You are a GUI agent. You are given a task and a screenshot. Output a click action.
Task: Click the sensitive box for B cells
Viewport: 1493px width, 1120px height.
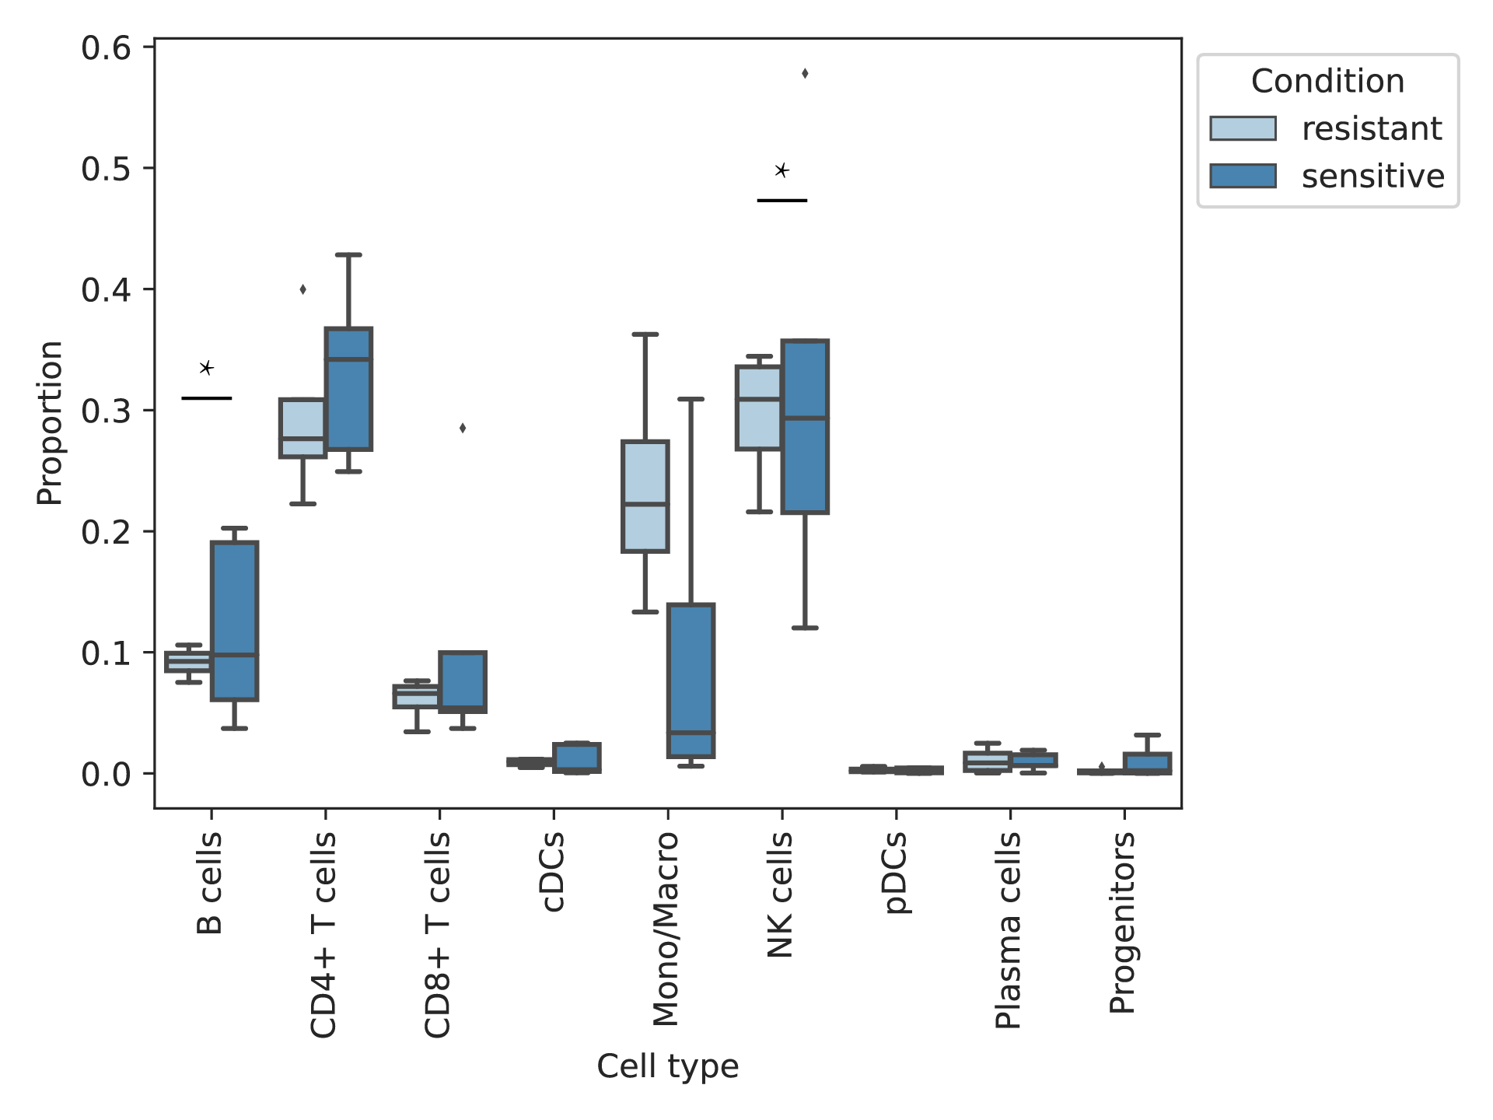pyautogui.click(x=234, y=621)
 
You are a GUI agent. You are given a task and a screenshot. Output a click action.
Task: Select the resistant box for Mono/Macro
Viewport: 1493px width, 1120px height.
pyautogui.click(x=645, y=496)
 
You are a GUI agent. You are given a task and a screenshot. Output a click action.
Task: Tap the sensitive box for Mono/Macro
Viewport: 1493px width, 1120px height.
pyautogui.click(x=691, y=681)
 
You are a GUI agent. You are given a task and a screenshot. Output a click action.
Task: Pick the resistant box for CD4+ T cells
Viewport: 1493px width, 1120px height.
pyautogui.click(x=302, y=428)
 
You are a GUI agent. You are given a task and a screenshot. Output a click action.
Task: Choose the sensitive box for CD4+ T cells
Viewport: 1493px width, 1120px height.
pyautogui.click(x=348, y=389)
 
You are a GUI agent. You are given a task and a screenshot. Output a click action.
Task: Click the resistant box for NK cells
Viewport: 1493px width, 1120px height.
pyautogui.click(x=759, y=408)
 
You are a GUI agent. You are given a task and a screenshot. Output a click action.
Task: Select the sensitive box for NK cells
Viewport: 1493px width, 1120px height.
pyautogui.click(x=805, y=426)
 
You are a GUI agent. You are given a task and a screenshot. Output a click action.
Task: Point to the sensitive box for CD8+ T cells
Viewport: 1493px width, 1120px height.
pyautogui.click(x=463, y=682)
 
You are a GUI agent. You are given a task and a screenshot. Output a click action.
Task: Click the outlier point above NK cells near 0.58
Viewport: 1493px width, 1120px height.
pyautogui.click(x=805, y=74)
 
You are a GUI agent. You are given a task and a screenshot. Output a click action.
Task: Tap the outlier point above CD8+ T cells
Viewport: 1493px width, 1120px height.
pyautogui.click(x=463, y=428)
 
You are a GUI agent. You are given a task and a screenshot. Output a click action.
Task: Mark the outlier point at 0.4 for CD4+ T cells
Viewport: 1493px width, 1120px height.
pyautogui.click(x=302, y=289)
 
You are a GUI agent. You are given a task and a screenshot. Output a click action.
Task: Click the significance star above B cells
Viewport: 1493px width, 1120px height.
pyautogui.click(x=206, y=368)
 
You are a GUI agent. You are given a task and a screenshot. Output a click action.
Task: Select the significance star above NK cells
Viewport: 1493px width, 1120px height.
pyautogui.click(x=782, y=170)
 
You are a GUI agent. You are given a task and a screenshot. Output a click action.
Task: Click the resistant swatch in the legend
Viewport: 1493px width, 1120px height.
pyautogui.click(x=1243, y=128)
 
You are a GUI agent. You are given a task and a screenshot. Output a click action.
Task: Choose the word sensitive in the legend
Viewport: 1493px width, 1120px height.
pyautogui.click(x=1372, y=177)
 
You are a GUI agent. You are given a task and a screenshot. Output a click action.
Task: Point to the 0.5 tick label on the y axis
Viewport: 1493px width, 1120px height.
pyautogui.click(x=107, y=169)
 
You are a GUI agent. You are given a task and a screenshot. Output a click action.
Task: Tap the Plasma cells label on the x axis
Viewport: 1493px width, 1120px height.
pyautogui.click(x=1009, y=930)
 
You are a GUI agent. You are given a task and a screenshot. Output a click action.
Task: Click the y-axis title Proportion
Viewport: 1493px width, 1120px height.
pyautogui.click(x=50, y=423)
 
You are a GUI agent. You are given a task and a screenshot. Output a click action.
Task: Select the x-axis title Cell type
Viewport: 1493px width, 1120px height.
pyautogui.click(x=668, y=1066)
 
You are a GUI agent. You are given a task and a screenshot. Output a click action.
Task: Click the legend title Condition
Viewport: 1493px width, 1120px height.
pyautogui.click(x=1327, y=81)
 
